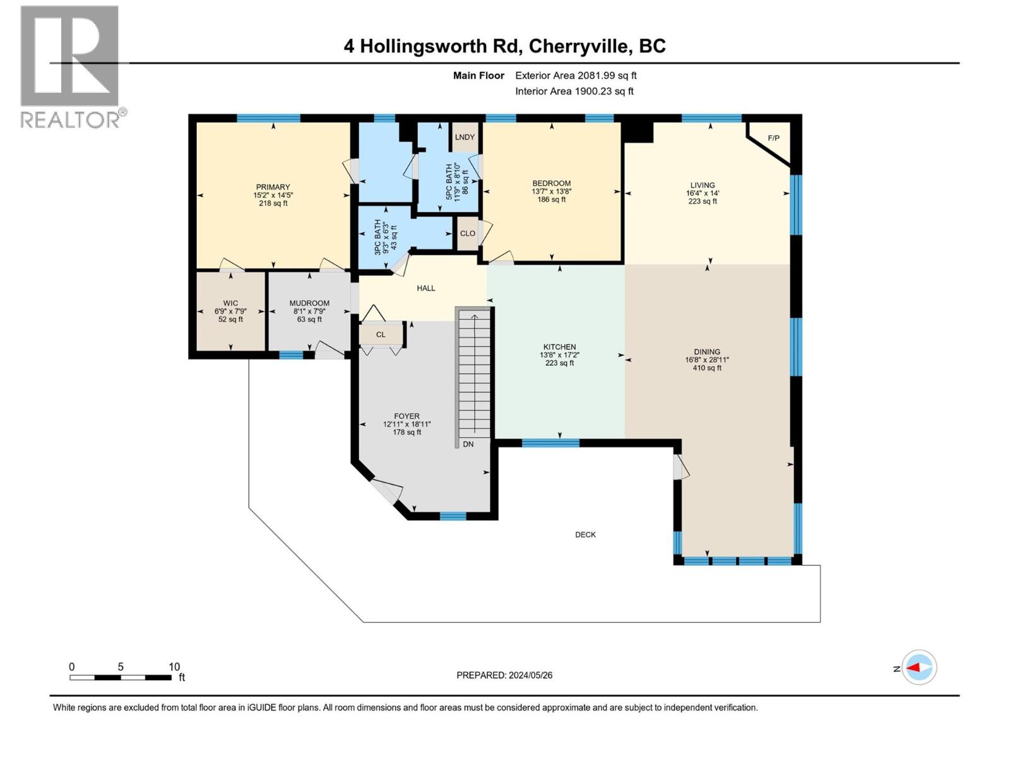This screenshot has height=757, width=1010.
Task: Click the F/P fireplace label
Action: coord(773,138)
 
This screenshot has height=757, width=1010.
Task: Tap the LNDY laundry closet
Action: coord(465,137)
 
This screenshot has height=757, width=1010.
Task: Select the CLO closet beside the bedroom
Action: coord(467,233)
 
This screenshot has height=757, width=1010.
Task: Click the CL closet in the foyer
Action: coord(381,334)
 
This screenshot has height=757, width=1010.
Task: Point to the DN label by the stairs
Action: coord(468,444)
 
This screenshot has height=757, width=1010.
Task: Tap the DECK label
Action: coord(585,534)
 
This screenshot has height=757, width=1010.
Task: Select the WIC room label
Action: coord(230,303)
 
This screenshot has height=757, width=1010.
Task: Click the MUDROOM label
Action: coord(309,303)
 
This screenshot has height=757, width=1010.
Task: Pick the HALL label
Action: coord(426,288)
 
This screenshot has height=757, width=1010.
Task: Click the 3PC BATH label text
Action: coord(378,237)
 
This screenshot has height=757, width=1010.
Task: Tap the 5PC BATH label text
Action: coord(449,182)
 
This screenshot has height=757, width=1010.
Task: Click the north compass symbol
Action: coord(918,667)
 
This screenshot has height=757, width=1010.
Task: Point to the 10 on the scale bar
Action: coord(174,667)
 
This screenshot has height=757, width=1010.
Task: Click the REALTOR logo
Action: coord(70,66)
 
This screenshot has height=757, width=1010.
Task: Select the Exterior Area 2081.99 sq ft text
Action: coord(576,76)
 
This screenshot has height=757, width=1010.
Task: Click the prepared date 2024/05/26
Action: coord(530,675)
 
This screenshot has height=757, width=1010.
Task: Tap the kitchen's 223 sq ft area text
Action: coord(559,363)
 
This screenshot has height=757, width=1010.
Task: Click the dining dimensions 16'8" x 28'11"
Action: coord(706,360)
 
